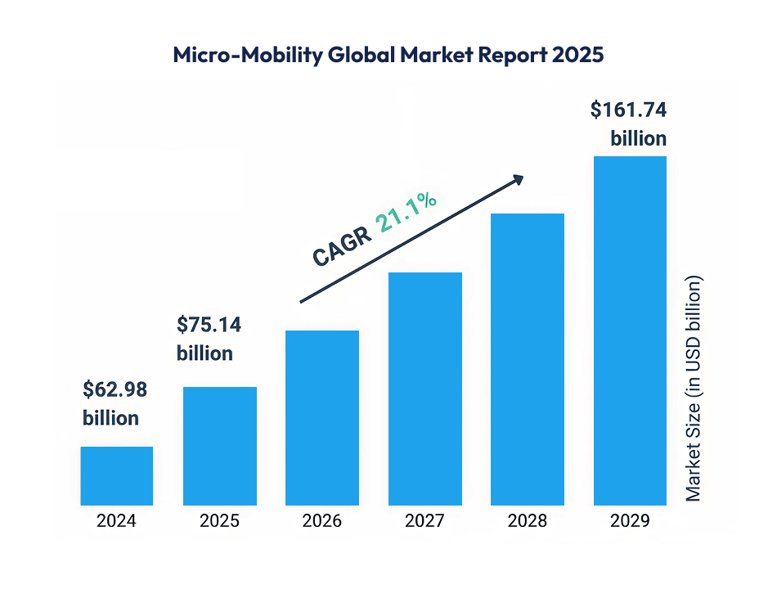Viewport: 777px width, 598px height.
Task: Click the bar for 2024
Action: point(116,475)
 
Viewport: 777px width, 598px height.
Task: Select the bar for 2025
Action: point(219,446)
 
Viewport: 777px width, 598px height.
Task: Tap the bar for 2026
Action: point(322,417)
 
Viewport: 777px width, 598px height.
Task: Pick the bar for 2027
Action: point(424,389)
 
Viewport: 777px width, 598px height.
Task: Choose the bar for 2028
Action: point(528,359)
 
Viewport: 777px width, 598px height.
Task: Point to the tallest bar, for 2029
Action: point(630,330)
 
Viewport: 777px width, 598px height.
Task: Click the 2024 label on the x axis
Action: point(116,521)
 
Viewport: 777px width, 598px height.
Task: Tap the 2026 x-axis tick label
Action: point(322,521)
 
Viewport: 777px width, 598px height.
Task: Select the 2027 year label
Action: point(424,521)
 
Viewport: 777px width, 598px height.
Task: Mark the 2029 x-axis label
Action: point(630,521)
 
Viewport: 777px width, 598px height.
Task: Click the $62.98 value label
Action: point(115,390)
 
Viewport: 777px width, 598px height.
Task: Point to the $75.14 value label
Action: point(209,325)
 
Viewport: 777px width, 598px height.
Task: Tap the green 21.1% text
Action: point(406,209)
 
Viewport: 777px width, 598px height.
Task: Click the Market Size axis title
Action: point(694,389)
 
